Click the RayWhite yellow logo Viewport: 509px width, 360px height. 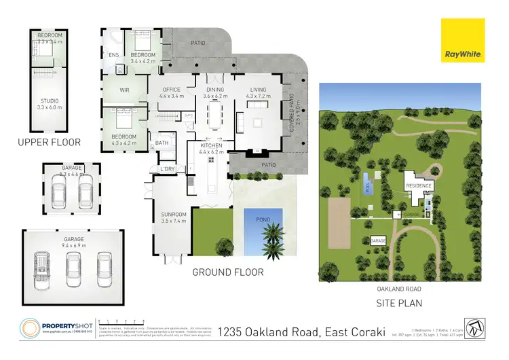463,41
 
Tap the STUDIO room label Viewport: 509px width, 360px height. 49,101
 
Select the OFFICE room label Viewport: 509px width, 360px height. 172,90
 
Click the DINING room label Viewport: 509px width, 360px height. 215,90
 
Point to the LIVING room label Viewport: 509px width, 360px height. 258,90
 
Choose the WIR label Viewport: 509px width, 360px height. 124,88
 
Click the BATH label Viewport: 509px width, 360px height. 162,143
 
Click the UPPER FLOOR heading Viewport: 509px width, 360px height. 50,143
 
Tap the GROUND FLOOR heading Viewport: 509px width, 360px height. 228,272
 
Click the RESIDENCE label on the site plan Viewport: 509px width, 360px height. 418,185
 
